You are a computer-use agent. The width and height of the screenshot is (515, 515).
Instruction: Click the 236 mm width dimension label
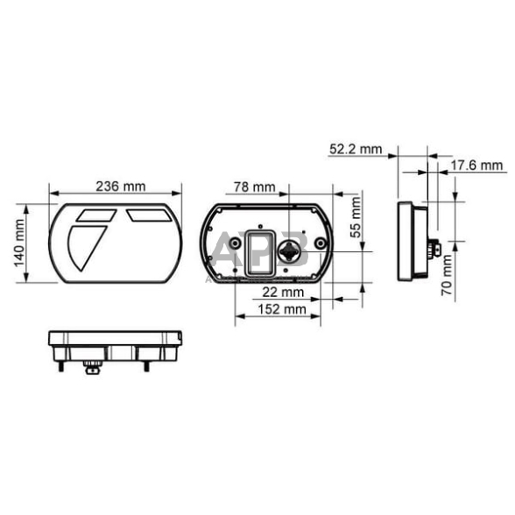121,186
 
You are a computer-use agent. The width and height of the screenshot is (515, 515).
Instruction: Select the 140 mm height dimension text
20,243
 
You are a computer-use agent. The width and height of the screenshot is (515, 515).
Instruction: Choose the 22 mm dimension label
283,292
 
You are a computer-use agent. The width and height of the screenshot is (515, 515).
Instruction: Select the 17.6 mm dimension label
476,165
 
